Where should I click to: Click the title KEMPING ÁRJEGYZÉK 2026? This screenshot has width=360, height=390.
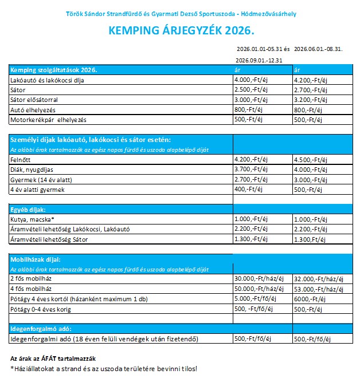[180, 30]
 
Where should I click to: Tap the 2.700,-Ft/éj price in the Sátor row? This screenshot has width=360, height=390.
[310, 90]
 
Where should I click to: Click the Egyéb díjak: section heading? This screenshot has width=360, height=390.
[28, 210]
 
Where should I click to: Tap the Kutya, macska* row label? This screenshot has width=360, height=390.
[33, 219]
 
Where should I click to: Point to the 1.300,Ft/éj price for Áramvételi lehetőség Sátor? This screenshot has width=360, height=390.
[309, 239]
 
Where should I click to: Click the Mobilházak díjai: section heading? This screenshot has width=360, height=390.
[36, 259]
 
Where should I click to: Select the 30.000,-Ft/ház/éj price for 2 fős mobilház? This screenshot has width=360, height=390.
[259, 279]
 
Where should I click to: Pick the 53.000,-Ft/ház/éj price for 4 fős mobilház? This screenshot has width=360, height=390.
[318, 289]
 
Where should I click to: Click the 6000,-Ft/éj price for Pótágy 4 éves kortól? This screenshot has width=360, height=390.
[308, 299]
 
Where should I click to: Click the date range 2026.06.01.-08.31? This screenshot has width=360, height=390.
[318, 49]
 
